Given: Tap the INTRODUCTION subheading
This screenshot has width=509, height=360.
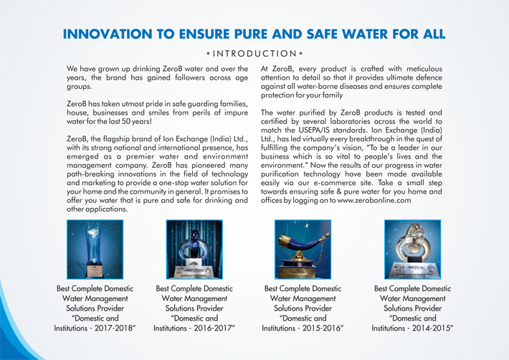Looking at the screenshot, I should (x=255, y=54).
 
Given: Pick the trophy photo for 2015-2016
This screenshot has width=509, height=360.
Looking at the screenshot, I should (x=302, y=249).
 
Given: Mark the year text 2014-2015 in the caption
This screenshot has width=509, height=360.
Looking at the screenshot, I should (x=437, y=328).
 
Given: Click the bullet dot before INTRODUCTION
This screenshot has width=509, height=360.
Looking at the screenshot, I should (x=207, y=54).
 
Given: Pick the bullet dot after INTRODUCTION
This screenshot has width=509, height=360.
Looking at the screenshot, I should (x=302, y=54).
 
